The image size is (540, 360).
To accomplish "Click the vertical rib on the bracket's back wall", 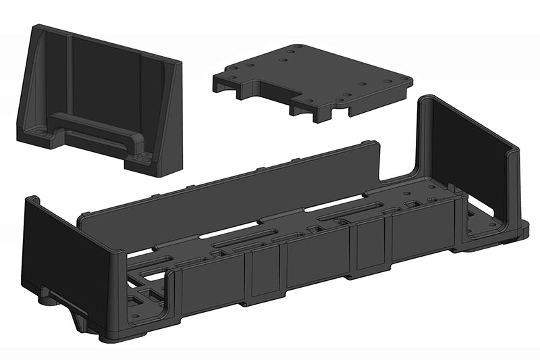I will coord(70,74).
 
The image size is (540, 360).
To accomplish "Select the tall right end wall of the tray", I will coord(466,149).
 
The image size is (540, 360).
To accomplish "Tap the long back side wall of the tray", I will coord(230,186).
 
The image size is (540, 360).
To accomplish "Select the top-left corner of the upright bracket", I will coord(34,28).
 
